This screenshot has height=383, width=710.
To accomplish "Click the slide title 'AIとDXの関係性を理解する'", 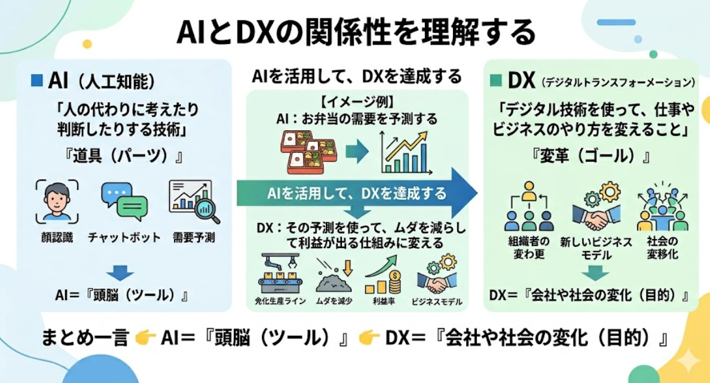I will [355, 33].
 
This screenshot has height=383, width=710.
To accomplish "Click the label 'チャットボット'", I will [124, 237].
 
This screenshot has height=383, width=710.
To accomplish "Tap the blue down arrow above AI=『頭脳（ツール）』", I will [123, 272].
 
